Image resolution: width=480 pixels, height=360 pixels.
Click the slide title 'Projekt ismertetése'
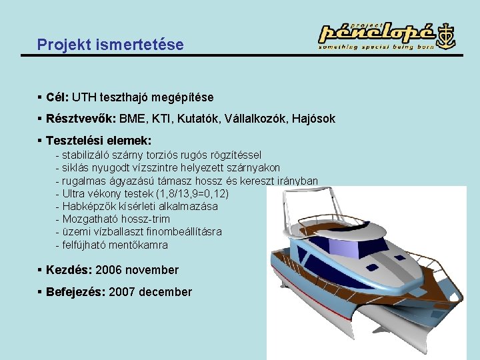(x=110, y=45)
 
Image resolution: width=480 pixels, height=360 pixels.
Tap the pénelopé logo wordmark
(x=377, y=32)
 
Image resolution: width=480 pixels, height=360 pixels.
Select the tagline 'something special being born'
(x=376, y=47)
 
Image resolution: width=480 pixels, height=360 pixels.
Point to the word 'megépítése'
(x=183, y=97)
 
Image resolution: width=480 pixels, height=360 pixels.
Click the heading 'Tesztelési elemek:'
(x=99, y=141)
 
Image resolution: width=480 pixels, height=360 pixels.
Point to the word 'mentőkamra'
(x=139, y=245)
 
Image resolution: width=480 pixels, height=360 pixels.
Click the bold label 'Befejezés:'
(x=75, y=292)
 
